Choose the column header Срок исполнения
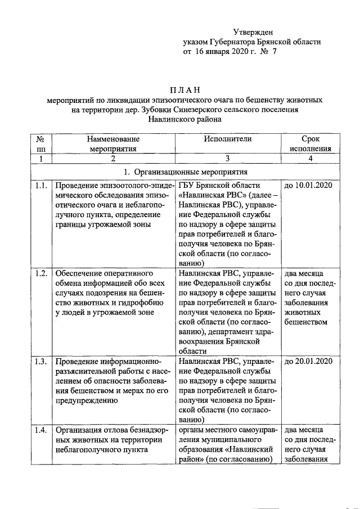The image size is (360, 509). [310, 143]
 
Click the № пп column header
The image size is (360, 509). [40, 143]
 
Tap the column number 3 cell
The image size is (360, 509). [232, 159]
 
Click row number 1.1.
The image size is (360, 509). [40, 186]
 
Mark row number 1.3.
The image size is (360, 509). [40, 361]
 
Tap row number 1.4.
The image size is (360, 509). [40, 430]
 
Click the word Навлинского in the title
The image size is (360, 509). [170, 119]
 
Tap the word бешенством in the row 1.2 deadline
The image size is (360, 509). [307, 322]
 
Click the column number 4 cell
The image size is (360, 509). [310, 159]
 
